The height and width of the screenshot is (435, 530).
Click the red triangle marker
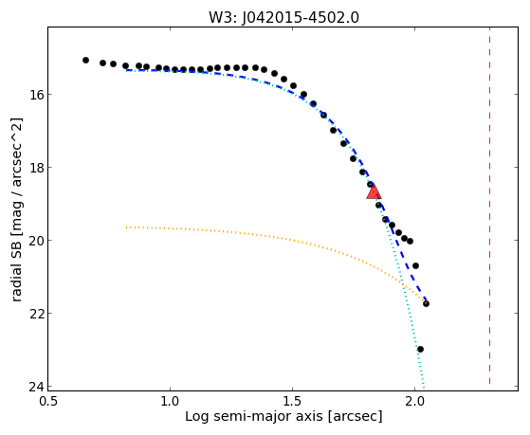point(374,191)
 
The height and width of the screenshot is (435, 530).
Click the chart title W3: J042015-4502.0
point(283,18)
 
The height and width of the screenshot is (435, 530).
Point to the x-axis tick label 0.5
point(48,402)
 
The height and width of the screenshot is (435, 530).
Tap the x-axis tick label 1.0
point(171,402)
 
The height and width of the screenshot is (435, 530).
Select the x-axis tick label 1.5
point(292,402)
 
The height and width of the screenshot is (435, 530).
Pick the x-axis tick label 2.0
point(414,402)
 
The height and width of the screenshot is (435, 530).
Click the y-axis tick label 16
point(35,95)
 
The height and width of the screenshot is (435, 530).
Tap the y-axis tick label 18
point(35,168)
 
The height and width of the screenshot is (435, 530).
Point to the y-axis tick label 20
point(35,241)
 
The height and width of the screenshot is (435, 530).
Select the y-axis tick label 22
point(35,314)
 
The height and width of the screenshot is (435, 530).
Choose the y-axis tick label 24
point(35,387)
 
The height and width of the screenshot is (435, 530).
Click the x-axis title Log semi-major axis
point(254,417)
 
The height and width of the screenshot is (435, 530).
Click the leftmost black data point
point(86,60)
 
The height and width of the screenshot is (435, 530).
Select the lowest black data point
point(420,349)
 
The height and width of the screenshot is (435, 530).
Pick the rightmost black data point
point(427,303)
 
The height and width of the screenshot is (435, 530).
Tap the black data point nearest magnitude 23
point(420,349)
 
